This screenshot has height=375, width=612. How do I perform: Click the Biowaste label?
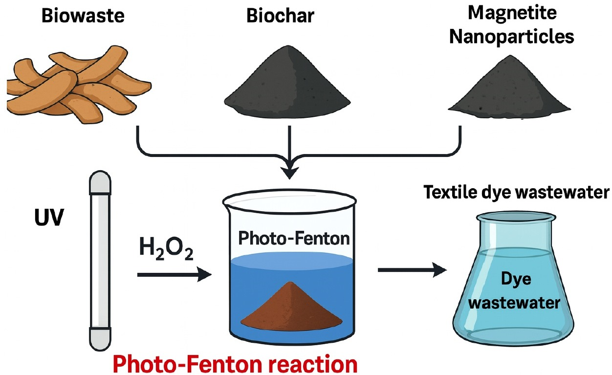83,16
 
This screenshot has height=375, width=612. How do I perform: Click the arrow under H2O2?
174,275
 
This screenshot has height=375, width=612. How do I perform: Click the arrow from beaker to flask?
413,270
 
